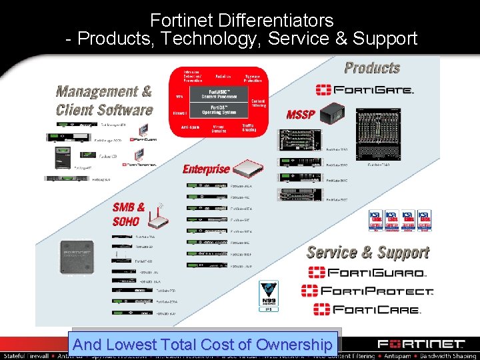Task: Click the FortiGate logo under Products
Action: point(365,89)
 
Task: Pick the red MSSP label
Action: point(300,115)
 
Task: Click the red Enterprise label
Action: point(206,169)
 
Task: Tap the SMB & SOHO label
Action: point(128,214)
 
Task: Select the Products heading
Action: point(372,68)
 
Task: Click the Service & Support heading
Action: point(367,252)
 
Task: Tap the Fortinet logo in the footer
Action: point(421,345)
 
